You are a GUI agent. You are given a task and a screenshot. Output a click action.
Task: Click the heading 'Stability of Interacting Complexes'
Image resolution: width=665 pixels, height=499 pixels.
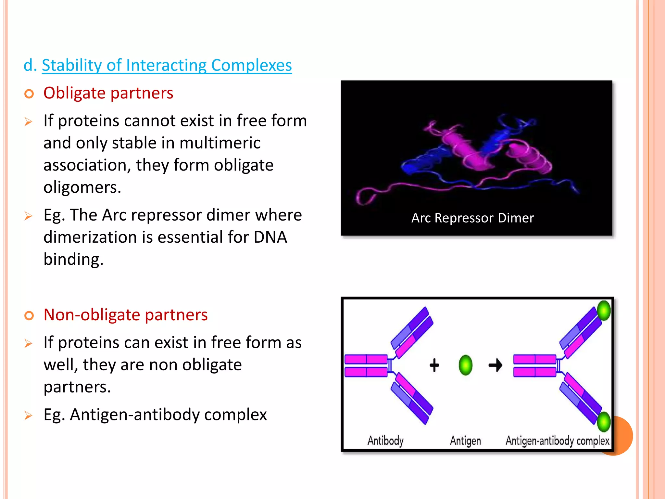tap(167, 65)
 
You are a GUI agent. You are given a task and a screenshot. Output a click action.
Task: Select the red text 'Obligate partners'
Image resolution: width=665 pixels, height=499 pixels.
tap(108, 93)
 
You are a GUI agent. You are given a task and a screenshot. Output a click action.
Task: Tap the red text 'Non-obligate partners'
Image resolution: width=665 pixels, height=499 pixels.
tap(125, 315)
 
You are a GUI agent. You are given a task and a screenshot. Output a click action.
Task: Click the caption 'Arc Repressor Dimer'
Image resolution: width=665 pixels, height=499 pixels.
tap(472, 218)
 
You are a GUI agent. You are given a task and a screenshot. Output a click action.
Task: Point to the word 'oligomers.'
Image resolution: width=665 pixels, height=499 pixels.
tap(82, 187)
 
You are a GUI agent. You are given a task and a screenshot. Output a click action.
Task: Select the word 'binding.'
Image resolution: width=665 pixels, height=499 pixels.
tap(73, 260)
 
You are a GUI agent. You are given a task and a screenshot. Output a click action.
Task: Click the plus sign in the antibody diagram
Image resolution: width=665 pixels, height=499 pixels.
tap(434, 365)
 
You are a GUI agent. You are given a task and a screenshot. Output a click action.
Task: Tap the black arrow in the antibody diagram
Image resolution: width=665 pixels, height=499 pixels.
tap(495, 365)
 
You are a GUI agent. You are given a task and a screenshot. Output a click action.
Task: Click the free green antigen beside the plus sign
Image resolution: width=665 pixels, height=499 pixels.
tap(465, 365)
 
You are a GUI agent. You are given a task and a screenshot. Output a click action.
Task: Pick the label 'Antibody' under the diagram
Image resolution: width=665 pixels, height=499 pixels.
tap(385, 441)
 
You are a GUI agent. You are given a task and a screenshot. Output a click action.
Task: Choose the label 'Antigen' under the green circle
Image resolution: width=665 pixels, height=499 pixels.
tap(465, 441)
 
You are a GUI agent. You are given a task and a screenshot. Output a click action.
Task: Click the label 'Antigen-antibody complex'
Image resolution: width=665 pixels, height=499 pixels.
tap(557, 441)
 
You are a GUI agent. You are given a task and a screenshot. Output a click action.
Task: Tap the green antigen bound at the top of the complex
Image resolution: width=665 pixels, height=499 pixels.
tap(604, 311)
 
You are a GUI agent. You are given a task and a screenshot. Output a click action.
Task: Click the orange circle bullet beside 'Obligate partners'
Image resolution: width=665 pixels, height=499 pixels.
tap(29, 94)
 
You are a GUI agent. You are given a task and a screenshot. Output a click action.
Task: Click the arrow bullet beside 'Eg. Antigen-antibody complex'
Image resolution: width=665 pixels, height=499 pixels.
tap(29, 416)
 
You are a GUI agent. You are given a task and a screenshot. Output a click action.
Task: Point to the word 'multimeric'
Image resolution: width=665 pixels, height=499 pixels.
tap(220, 143)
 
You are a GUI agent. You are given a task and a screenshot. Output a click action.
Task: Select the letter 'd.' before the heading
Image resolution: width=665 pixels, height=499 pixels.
tap(30, 65)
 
